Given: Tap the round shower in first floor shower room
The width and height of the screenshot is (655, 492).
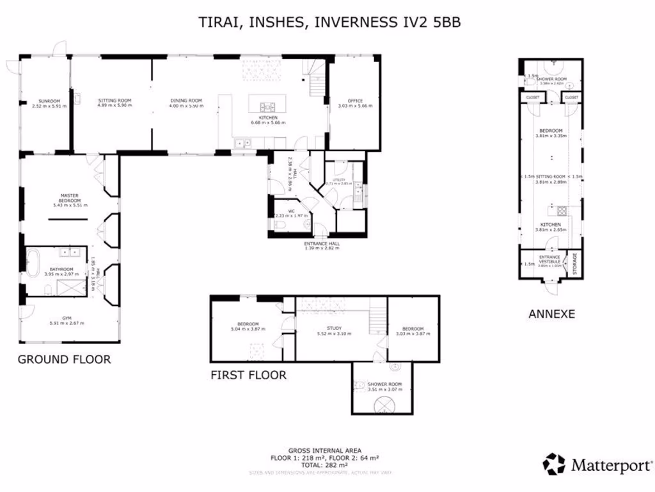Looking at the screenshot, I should coord(386,403).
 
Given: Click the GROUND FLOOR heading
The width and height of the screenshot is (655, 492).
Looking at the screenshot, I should coord(64,359).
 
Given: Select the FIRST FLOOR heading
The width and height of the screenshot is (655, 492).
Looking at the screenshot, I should coord(248,375).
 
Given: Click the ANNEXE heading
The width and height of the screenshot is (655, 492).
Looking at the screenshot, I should coord(551,314).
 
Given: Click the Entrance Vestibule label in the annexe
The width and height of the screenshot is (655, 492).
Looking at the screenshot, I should coord(550,259).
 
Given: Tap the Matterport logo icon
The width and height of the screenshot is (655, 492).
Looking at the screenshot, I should coord(554,464).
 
